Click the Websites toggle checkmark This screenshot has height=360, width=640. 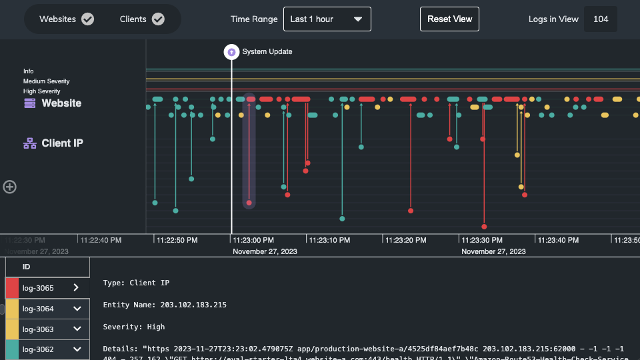(87, 19)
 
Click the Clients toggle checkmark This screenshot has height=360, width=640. (158, 19)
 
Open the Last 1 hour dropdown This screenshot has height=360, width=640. (327, 19)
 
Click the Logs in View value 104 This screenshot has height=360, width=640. (600, 19)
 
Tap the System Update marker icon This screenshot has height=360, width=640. (231, 51)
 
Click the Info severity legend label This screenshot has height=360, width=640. (29, 71)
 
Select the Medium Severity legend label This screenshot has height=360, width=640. (47, 81)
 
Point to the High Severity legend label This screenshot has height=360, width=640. (42, 91)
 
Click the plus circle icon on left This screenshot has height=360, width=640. (10, 187)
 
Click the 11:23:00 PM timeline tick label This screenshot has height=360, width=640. (253, 239)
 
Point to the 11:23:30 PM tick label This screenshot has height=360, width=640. (481, 239)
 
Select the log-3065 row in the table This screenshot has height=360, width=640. (47, 288)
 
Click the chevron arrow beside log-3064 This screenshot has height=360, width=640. (77, 309)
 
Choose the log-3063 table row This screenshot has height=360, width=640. (47, 329)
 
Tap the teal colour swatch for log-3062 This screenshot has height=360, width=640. (12, 349)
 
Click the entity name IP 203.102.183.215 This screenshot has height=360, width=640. (193, 305)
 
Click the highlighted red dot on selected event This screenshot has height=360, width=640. (249, 203)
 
